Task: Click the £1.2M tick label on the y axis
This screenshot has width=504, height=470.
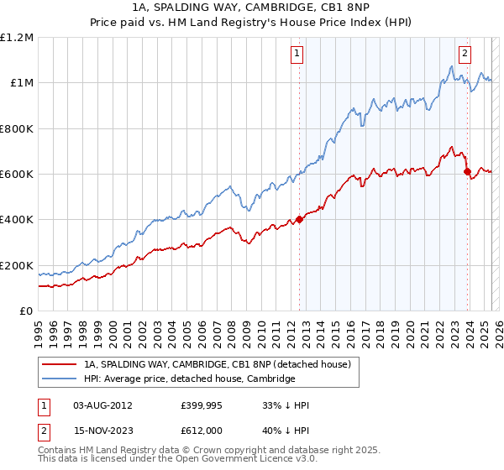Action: coord(17,38)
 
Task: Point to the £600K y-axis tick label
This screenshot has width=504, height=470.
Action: coord(17,175)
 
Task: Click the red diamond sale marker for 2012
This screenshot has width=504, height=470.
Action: coord(299,220)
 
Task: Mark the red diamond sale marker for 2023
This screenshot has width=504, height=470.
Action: coord(467,172)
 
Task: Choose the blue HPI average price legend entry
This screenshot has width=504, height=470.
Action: coord(189,379)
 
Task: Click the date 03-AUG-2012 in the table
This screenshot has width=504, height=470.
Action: coord(102,405)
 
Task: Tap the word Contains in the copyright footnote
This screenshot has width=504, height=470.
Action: coord(58,452)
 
